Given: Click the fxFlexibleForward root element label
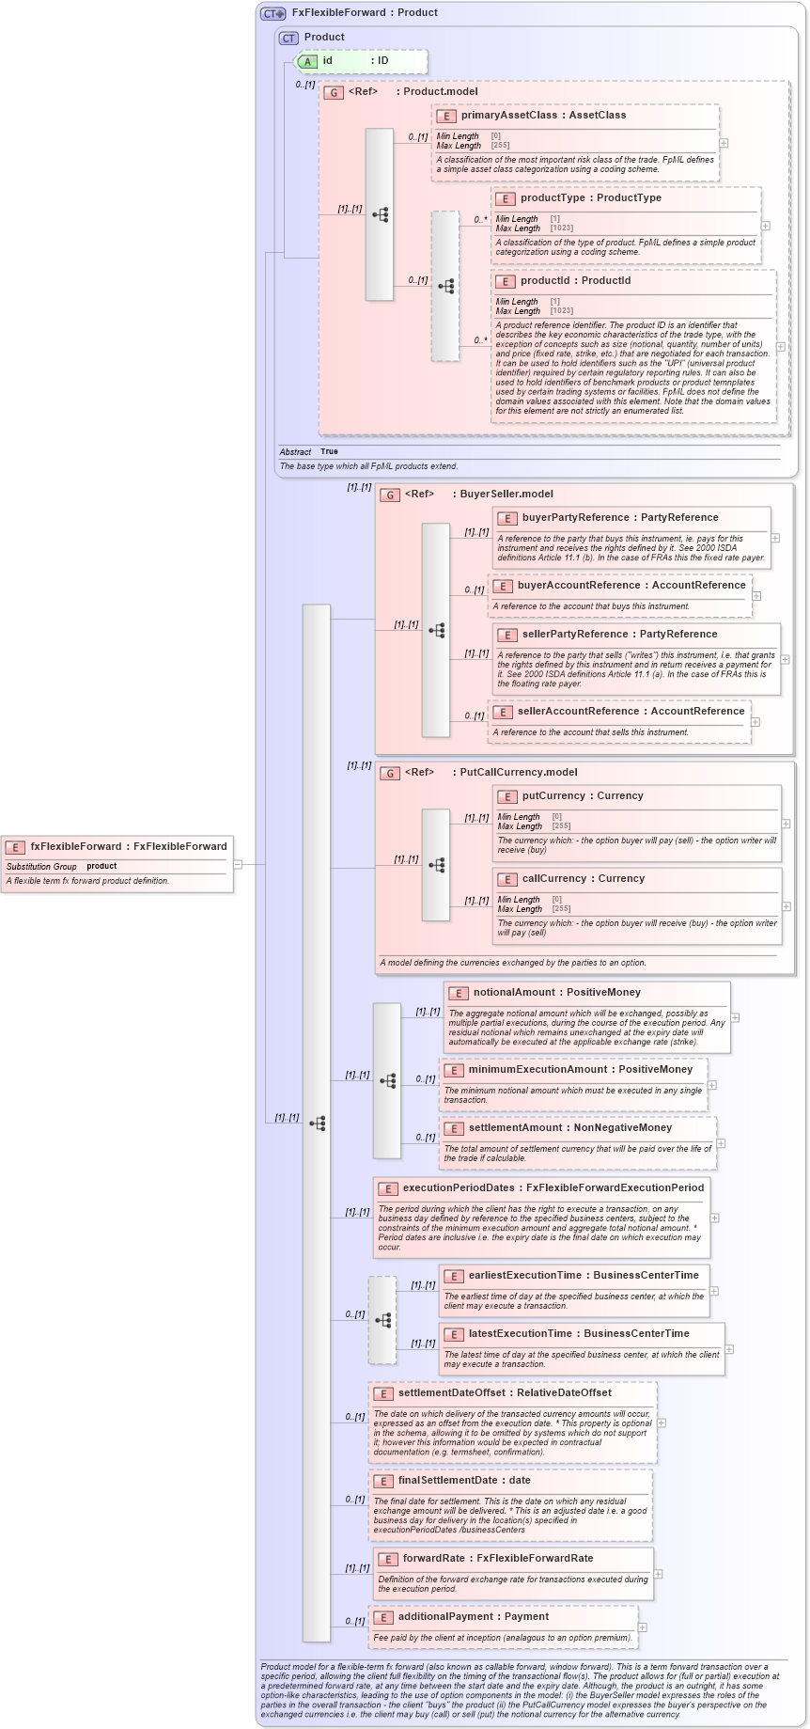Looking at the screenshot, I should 75,846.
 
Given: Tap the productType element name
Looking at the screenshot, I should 553,197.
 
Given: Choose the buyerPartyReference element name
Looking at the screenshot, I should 575,517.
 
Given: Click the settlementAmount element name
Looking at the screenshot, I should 520,1127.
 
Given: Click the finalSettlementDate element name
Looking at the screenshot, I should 447,1480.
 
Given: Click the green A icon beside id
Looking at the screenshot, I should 307,61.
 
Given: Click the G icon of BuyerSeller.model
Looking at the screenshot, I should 390,495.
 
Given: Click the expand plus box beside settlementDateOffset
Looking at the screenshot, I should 662,1422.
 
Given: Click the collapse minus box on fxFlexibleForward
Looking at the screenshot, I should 239,864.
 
